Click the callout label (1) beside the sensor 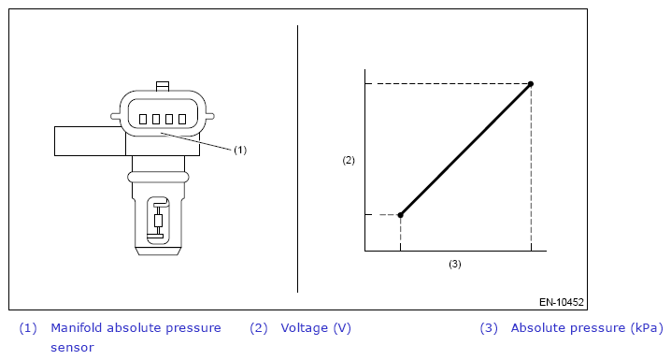pos(240,150)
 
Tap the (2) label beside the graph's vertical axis pos(349,160)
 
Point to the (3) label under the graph pos(455,264)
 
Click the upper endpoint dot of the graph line pos(531,84)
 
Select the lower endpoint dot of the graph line pos(401,215)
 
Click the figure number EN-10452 pos(562,302)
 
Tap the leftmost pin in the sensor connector pos(143,119)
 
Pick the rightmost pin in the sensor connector pos(182,119)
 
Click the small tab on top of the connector pos(163,86)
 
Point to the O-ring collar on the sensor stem pos(158,177)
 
